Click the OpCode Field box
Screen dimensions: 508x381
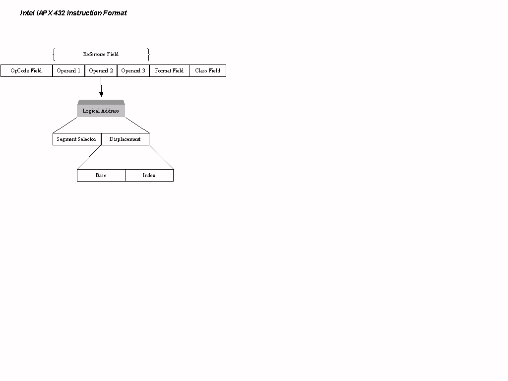click(x=27, y=70)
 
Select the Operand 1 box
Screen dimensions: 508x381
click(x=68, y=70)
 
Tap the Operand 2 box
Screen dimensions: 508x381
click(x=101, y=70)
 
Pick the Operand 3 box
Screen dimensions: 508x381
click(x=133, y=70)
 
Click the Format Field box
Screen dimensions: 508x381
click(x=170, y=70)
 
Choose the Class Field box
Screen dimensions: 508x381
click(x=208, y=70)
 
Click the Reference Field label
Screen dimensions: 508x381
click(x=101, y=54)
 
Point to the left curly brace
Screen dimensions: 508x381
click(x=54, y=55)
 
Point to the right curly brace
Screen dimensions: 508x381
click(x=148, y=55)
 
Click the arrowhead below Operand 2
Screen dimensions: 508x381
click(x=101, y=94)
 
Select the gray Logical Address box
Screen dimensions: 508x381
click(x=101, y=109)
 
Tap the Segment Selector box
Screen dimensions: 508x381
click(x=77, y=139)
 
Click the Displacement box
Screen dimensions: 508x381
click(x=125, y=139)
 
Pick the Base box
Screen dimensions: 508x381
click(x=101, y=175)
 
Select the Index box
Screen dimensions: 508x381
click(x=149, y=175)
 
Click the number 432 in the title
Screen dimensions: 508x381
click(x=60, y=13)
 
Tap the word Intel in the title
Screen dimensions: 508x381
click(x=27, y=13)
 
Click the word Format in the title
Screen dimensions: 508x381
click(x=115, y=13)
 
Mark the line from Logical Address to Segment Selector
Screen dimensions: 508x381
click(x=65, y=125)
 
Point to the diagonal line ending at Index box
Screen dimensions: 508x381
click(x=162, y=157)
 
